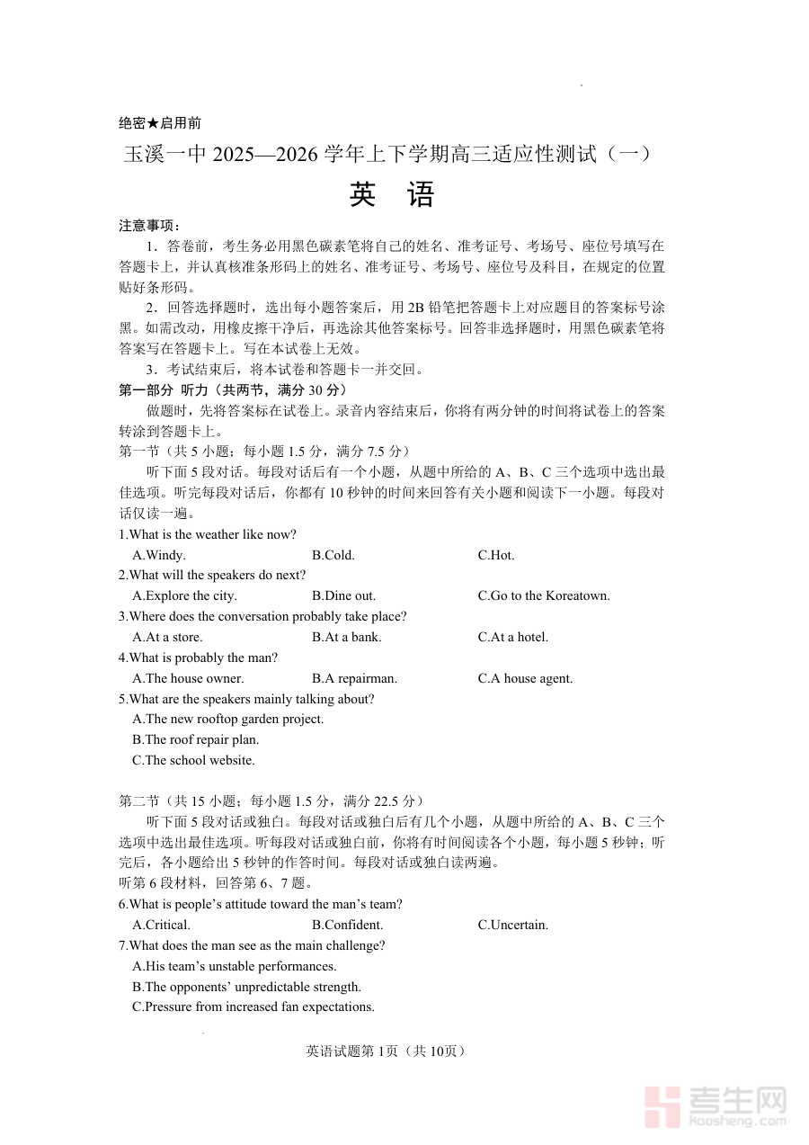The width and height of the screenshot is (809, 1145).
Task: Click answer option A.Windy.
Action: [159, 555]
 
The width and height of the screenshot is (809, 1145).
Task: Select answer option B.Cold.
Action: [333, 555]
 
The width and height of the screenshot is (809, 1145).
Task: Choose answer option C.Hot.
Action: [496, 555]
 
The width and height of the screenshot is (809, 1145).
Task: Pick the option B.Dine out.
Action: [343, 595]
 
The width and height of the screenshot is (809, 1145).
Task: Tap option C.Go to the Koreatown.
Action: [544, 595]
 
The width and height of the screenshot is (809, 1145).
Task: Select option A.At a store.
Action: [167, 637]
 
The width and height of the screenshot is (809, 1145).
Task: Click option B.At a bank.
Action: [346, 637]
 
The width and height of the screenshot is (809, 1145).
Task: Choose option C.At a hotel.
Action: [512, 637]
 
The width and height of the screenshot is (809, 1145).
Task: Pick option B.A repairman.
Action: [354, 678]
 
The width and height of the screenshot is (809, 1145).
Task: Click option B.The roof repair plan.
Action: [196, 739]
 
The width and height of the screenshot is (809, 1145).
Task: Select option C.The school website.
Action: [193, 760]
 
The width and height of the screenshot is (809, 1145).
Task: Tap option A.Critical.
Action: [161, 925]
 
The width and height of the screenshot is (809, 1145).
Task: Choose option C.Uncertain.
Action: [512, 925]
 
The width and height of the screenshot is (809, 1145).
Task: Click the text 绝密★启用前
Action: [160, 123]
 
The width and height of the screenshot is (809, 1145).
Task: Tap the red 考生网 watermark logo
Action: [716, 1106]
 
